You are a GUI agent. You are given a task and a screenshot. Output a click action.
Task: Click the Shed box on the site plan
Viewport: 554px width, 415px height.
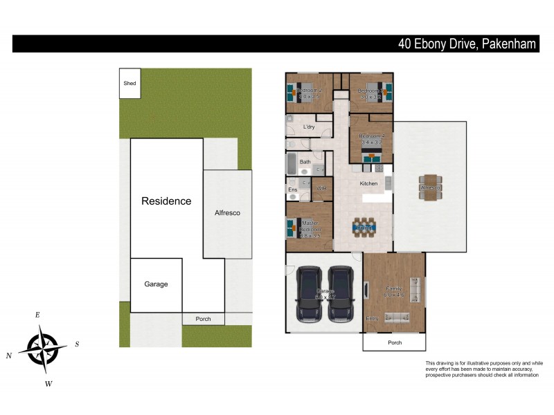129,83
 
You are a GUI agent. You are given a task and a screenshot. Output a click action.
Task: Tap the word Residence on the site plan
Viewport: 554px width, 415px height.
166,201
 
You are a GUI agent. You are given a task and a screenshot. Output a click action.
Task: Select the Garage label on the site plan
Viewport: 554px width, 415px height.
156,284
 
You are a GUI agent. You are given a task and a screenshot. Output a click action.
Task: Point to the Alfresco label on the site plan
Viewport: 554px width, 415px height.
227,213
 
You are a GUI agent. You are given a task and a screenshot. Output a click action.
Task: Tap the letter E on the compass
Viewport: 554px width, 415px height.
37,315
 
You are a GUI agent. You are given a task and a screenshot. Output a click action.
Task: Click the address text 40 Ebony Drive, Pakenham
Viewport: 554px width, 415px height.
467,44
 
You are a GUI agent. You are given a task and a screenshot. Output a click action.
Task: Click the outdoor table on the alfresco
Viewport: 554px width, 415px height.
431,187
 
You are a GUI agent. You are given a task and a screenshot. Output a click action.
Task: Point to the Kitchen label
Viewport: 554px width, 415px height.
368,183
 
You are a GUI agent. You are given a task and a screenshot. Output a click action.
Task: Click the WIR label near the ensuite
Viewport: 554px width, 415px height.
321,189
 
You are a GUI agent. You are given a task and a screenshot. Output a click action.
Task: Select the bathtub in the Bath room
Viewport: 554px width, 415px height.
292,166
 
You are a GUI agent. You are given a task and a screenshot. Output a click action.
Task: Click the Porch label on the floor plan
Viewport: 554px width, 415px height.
395,342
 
